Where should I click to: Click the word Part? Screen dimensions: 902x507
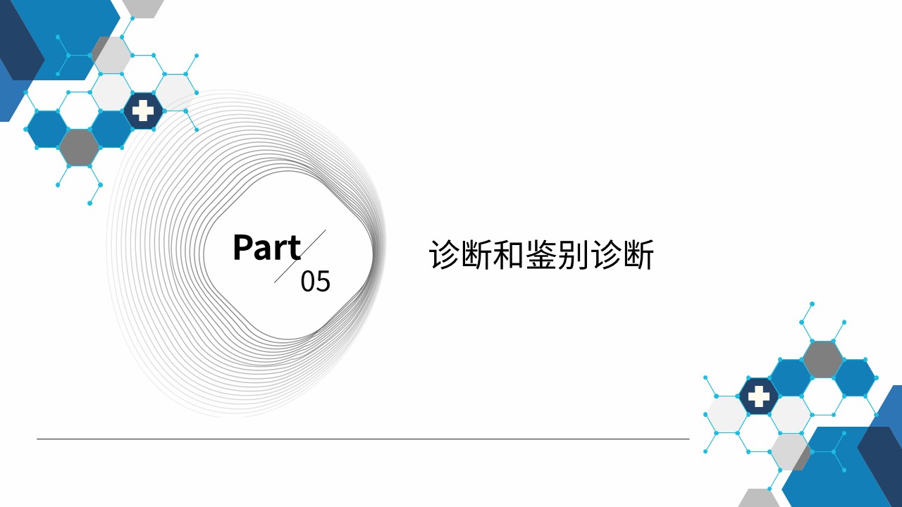266,247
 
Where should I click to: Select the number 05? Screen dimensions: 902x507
315,281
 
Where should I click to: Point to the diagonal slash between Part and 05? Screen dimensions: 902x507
300,256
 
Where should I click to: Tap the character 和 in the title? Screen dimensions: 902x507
508,254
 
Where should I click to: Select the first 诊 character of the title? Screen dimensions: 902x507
443,254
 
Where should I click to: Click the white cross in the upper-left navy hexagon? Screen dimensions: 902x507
143,111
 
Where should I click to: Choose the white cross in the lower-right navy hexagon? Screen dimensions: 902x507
759,396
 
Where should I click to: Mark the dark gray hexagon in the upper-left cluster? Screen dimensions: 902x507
80,147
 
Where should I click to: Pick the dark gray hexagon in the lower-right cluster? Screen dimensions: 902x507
822,360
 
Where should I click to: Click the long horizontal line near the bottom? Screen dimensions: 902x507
363,439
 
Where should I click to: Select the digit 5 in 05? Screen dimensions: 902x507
323,281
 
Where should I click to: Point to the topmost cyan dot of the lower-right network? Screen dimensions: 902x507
813,303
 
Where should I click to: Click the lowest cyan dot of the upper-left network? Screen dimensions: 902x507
89,204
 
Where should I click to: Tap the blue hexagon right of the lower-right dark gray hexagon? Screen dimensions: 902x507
855,378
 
